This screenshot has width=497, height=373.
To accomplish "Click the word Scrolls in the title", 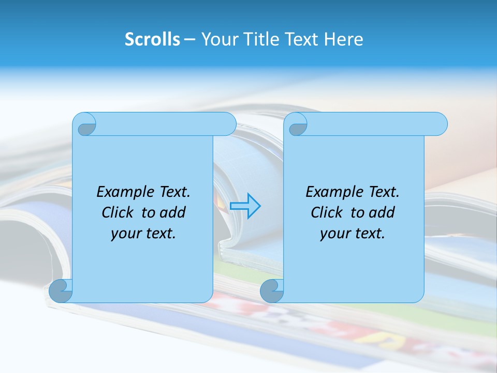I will click(x=152, y=39).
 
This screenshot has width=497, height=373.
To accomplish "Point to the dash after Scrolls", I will click(x=189, y=39).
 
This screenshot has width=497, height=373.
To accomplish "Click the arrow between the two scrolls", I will click(x=245, y=206).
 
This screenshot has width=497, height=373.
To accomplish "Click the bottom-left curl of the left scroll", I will click(x=60, y=291).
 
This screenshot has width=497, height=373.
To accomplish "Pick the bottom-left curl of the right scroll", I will click(x=271, y=291).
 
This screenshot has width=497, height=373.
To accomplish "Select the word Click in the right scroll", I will click(x=327, y=212).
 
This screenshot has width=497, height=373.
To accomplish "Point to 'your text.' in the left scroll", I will click(x=143, y=234).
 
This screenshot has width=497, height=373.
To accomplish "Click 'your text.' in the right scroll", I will click(x=353, y=234).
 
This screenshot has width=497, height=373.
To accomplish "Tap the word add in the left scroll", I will click(x=172, y=212).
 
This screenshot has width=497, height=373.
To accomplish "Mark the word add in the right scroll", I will click(x=382, y=212).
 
